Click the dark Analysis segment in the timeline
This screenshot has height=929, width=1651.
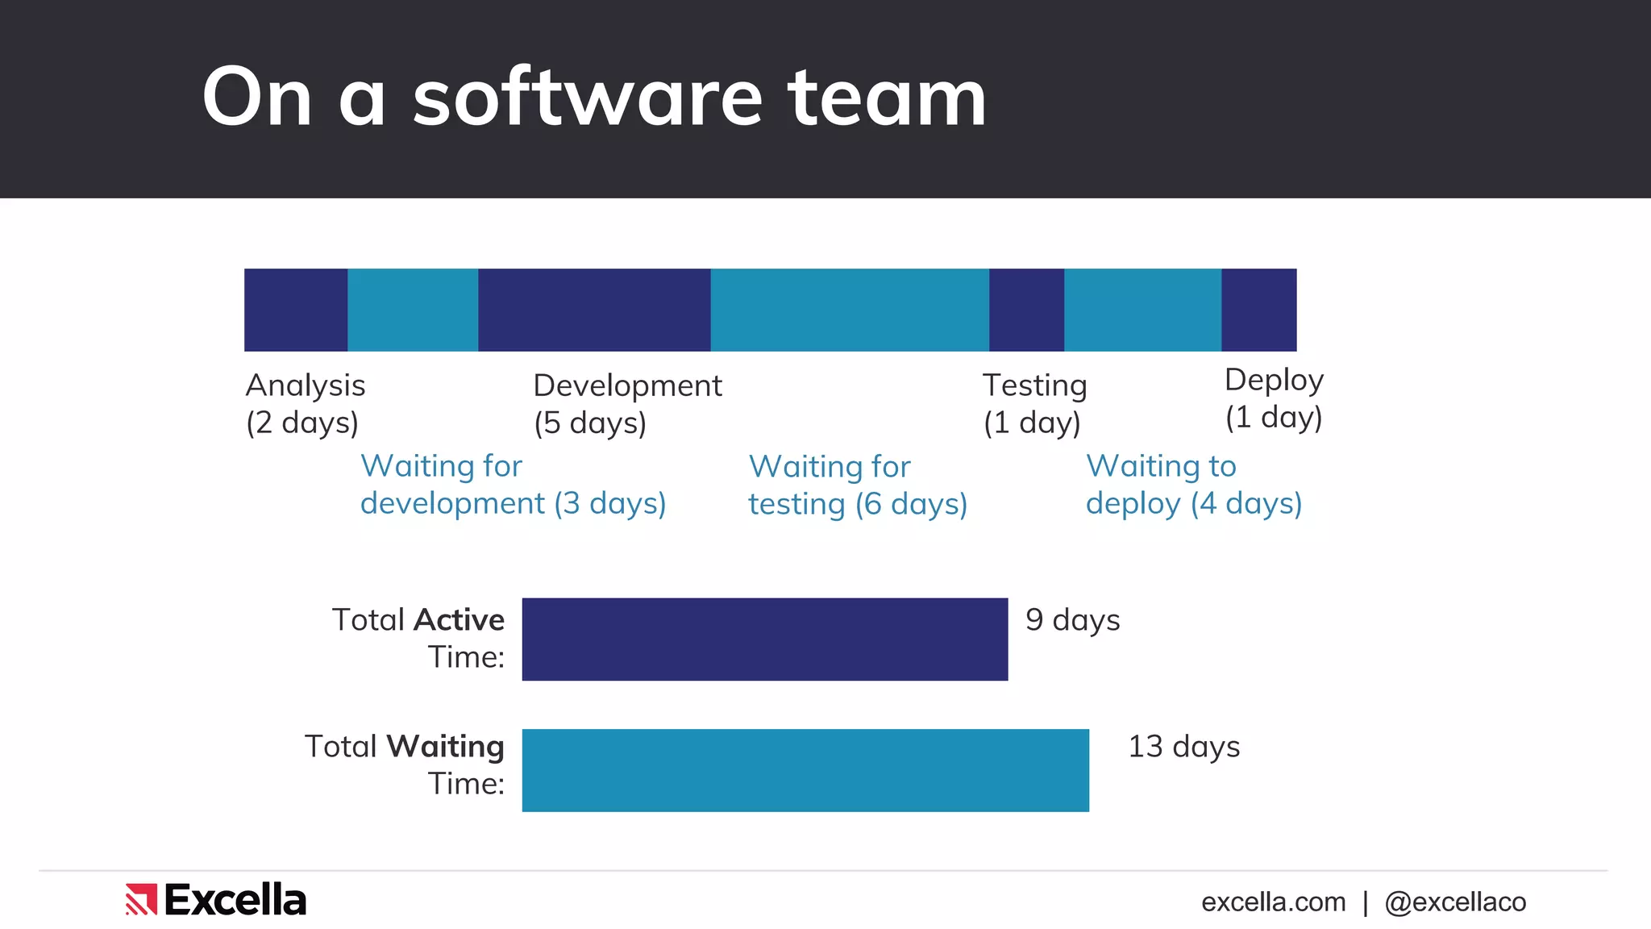tap(296, 310)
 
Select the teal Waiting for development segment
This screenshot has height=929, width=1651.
tap(413, 310)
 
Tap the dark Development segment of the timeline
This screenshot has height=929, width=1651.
tap(594, 310)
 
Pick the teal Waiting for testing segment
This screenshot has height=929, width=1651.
tap(850, 310)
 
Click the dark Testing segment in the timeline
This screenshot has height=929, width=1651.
tap(1026, 310)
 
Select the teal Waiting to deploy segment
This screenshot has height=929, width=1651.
tap(1142, 310)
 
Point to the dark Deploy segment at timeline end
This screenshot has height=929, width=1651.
tap(1258, 310)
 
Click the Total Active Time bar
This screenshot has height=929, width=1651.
tap(764, 639)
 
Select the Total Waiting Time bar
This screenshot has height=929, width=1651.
tap(805, 770)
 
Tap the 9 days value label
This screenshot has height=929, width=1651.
tap(1072, 620)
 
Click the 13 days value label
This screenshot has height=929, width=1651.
tap(1183, 747)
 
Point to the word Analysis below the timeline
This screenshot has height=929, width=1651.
tap(305, 385)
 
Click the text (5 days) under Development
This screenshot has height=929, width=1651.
tap(590, 423)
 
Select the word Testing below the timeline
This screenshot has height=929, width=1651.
tap(1034, 385)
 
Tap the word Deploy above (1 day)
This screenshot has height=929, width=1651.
tap(1274, 380)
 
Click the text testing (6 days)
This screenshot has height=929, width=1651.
tap(857, 505)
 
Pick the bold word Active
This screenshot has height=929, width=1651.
tap(459, 620)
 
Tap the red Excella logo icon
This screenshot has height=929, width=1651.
tap(140, 899)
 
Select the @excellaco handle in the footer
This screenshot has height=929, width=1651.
tap(1454, 902)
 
